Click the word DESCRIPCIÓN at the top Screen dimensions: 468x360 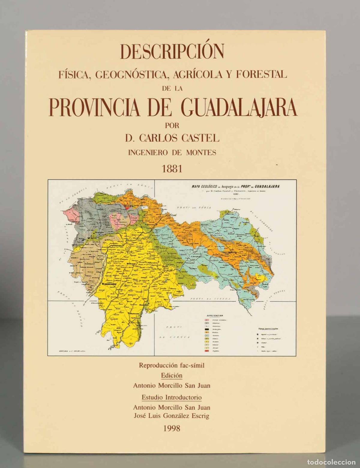(x=172, y=51)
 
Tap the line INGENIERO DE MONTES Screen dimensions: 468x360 (x=172, y=153)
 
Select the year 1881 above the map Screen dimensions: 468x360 (x=172, y=168)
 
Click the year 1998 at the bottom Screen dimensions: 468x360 (x=172, y=428)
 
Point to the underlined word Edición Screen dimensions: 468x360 (x=172, y=375)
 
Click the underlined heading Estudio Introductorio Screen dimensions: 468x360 (x=172, y=397)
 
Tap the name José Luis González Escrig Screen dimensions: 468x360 (x=172, y=416)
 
